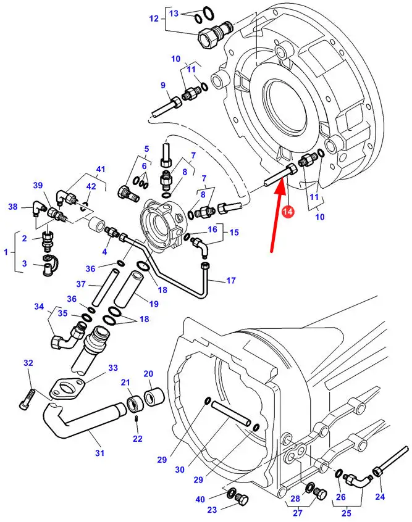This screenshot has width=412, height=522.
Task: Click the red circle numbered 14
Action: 287,212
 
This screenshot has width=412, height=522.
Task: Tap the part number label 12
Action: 154,18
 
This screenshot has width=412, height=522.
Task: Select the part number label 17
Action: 230,281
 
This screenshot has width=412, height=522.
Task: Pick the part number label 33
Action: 112,368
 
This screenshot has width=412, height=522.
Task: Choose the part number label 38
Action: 12,207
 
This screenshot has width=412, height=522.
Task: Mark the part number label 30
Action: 179,469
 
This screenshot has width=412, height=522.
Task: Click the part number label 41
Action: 101,169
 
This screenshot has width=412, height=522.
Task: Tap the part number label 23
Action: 212,509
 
